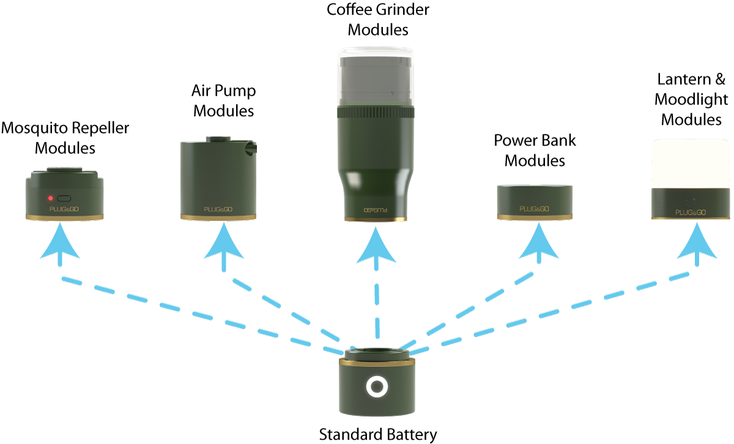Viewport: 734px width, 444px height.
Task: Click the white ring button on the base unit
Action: pos(376,387)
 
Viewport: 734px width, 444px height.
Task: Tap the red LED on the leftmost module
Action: pos(50,198)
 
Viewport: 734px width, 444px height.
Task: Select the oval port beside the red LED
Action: pos(64,198)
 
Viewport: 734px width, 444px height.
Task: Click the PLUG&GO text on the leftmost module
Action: pos(64,209)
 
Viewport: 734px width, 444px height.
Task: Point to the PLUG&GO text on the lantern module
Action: pos(691,212)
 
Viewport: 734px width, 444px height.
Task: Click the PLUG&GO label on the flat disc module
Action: pos(534,209)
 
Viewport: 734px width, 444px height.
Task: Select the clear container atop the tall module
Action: pos(376,76)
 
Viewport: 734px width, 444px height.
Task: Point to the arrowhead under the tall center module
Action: pos(376,246)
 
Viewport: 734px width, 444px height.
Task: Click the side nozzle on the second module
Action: pos(251,147)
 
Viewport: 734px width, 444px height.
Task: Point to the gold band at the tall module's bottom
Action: pos(376,219)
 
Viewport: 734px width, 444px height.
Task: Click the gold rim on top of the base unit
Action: pos(376,363)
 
